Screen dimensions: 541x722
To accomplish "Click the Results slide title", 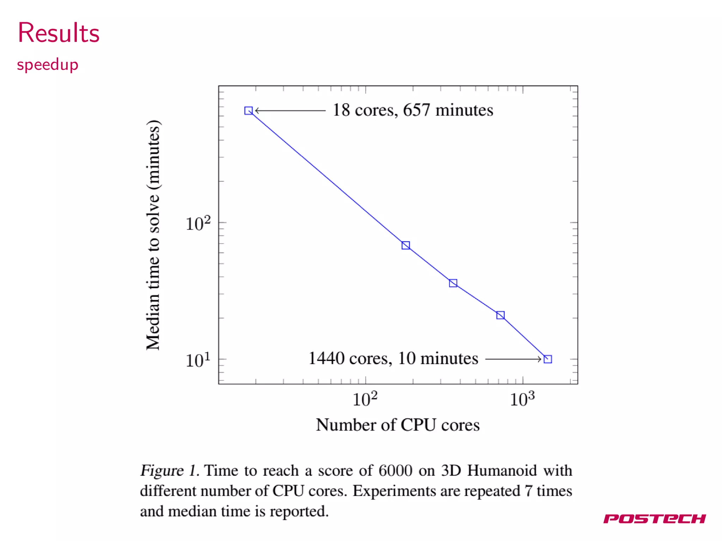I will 59,33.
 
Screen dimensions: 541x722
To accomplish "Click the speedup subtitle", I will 48,65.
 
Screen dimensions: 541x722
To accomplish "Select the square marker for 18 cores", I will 249,111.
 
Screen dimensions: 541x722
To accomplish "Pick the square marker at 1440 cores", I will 547,359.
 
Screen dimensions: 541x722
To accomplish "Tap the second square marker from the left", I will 406,245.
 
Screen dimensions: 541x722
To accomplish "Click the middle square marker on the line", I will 453,283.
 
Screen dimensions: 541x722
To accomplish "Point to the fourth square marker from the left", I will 500,315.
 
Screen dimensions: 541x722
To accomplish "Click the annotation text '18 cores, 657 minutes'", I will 412,110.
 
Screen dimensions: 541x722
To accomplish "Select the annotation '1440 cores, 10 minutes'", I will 393,359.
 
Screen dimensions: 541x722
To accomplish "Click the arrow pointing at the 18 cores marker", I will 290,111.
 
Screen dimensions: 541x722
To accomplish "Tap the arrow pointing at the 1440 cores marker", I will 513,359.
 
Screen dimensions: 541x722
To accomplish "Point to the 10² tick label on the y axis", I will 198,224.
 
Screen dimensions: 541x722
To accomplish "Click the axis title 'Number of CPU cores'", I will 398,425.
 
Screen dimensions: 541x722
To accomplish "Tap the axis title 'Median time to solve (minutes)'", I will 153,235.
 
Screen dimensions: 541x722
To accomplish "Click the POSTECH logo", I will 654,518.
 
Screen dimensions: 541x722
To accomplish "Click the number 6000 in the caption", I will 395,471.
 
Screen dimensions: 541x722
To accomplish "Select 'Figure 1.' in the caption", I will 170,471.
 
